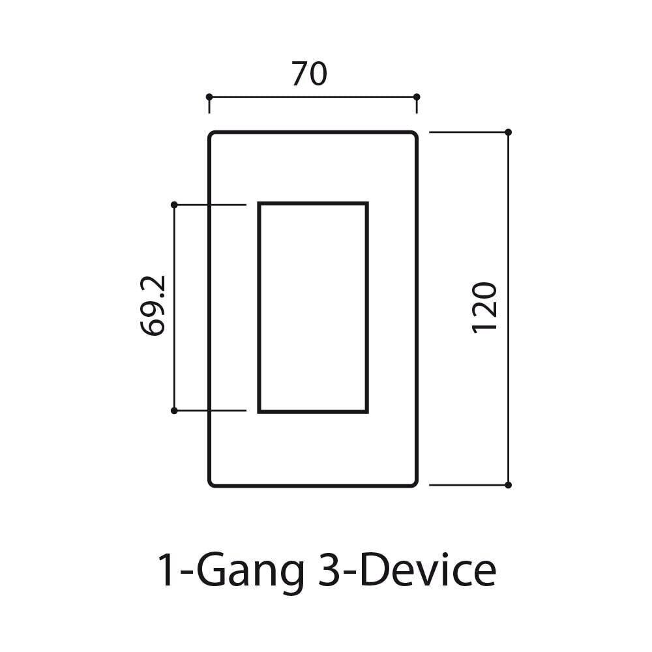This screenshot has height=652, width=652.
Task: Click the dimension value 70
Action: point(309,74)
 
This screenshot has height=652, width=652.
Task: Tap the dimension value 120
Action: point(484,307)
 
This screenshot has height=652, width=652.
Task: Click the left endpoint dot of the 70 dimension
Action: point(209,97)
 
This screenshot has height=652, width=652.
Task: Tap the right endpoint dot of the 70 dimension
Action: point(417,97)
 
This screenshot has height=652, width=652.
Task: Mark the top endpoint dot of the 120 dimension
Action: point(509,132)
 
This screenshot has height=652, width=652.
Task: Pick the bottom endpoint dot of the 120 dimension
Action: point(509,485)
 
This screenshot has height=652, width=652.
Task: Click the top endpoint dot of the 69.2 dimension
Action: point(174,205)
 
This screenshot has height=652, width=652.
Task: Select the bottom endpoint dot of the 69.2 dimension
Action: point(174,411)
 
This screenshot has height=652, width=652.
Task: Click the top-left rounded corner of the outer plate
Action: point(212,135)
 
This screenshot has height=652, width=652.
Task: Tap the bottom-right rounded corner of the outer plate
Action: point(414,482)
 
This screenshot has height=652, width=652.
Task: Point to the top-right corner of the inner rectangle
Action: point(367,204)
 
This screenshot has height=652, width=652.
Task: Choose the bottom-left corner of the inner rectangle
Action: point(259,411)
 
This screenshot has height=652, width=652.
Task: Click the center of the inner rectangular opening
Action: point(313,308)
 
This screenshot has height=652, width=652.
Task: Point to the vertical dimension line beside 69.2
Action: point(174,365)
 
